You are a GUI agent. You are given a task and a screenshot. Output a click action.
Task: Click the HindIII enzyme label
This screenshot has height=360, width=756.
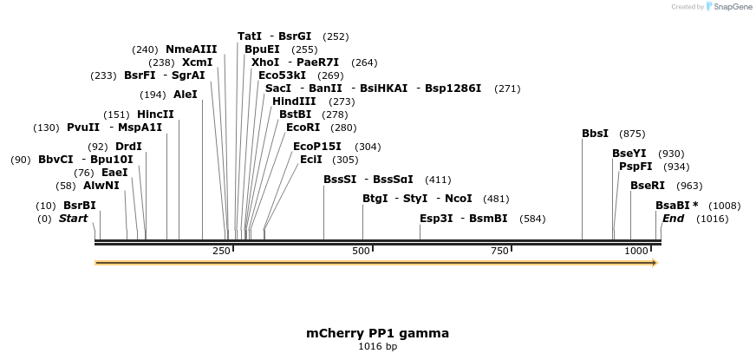click(x=294, y=101)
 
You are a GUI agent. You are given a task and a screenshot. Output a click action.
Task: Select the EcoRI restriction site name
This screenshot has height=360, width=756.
click(x=303, y=128)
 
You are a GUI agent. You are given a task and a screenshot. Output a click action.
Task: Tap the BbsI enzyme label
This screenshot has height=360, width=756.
click(x=595, y=134)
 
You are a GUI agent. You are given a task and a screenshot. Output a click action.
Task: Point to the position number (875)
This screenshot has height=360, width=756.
click(x=632, y=134)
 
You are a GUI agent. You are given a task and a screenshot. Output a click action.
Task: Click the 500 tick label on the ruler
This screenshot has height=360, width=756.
click(x=362, y=251)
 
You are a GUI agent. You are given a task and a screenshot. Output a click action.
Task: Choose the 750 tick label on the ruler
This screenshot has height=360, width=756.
click(x=499, y=251)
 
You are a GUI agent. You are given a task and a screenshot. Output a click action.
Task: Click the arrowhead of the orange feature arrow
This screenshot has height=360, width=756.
click(x=655, y=263)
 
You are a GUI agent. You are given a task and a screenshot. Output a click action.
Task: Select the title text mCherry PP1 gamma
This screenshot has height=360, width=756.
click(x=377, y=333)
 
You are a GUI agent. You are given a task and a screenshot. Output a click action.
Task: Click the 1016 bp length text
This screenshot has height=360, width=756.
click(x=377, y=346)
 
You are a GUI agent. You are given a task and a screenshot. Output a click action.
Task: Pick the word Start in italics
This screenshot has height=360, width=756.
click(x=74, y=219)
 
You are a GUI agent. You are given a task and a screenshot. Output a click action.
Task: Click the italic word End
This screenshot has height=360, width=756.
click(x=673, y=219)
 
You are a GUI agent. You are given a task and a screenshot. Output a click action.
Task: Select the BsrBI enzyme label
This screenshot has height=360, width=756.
click(x=80, y=206)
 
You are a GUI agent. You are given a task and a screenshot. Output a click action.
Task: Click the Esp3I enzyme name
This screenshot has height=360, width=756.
click(x=436, y=219)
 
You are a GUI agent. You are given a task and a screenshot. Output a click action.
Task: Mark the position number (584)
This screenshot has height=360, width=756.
click(x=533, y=219)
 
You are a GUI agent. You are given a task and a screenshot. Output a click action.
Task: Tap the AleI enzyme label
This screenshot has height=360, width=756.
click(x=186, y=95)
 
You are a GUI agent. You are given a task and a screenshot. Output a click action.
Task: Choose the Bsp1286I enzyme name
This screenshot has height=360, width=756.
click(x=453, y=88)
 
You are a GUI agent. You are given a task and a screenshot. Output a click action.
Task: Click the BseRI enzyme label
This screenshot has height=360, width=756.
click(x=648, y=186)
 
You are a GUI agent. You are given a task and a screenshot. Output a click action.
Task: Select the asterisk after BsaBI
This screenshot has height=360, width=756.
click(x=695, y=205)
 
